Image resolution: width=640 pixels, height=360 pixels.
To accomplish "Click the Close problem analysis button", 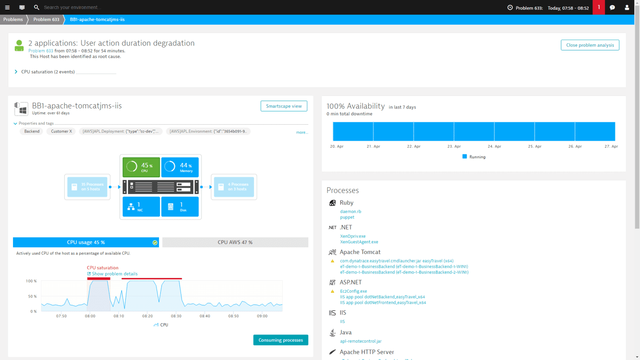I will (x=590, y=45).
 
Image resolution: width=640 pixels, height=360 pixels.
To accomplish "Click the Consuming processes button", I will (x=281, y=340).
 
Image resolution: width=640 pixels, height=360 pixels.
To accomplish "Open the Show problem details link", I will (x=114, y=274).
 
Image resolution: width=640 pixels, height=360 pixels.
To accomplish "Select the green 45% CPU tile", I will (x=141, y=167).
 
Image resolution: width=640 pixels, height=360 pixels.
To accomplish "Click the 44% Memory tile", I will (x=180, y=167).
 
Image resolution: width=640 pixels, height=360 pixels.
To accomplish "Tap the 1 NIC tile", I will (x=141, y=207).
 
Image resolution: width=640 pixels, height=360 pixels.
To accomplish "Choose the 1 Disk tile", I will (x=180, y=207).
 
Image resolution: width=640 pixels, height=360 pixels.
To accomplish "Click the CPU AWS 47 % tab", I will (x=235, y=242).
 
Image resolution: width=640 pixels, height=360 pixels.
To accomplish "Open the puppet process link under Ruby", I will (x=347, y=218).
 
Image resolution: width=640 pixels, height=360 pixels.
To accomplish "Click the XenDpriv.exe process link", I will (x=353, y=236).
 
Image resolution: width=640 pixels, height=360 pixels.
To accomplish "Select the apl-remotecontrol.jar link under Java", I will (x=360, y=341).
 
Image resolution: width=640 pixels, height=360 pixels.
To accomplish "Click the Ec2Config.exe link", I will (x=353, y=291).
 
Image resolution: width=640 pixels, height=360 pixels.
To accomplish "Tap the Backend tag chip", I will (x=32, y=131).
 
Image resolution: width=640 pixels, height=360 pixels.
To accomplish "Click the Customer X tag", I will (x=61, y=131).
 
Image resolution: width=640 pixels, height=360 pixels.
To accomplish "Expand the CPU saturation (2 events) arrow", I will (x=16, y=72).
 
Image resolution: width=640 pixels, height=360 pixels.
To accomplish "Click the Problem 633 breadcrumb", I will (x=46, y=19).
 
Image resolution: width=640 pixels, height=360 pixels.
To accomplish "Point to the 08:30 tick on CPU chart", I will (x=176, y=316).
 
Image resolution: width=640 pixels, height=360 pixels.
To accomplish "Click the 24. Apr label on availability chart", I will (x=494, y=147).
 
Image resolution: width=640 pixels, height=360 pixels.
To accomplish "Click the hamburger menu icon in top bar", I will (x=7, y=7).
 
